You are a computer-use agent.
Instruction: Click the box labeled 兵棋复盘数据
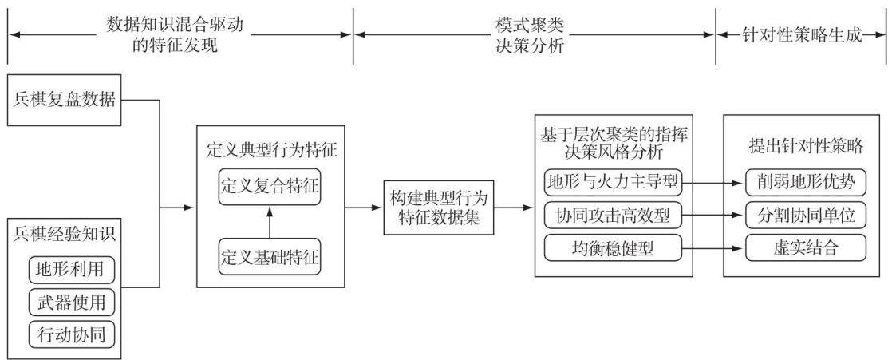pyautogui.click(x=65, y=100)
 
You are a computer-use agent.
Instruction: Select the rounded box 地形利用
pyautogui.click(x=71, y=270)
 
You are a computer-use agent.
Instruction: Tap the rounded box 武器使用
pyautogui.click(x=71, y=302)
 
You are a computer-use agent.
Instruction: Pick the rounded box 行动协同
pyautogui.click(x=71, y=334)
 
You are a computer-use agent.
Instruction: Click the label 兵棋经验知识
pyautogui.click(x=64, y=235)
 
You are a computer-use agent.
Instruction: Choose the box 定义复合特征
pyautogui.click(x=270, y=185)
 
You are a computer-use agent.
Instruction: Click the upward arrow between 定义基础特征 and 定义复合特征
pyautogui.click(x=270, y=223)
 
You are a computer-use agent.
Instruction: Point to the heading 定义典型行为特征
pyautogui.click(x=271, y=152)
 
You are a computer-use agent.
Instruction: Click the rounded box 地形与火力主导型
pyautogui.click(x=614, y=183)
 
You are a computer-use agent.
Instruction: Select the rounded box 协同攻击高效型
pyautogui.click(x=614, y=216)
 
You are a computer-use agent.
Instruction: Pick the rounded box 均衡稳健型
pyautogui.click(x=614, y=248)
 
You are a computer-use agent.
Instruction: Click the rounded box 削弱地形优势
pyautogui.click(x=806, y=183)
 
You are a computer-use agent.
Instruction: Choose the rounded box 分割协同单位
pyautogui.click(x=806, y=216)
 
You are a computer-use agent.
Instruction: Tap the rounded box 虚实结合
pyautogui.click(x=806, y=248)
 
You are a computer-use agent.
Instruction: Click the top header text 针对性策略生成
pyautogui.click(x=802, y=35)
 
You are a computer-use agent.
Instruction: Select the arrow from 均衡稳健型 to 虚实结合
pyautogui.click(x=714, y=248)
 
